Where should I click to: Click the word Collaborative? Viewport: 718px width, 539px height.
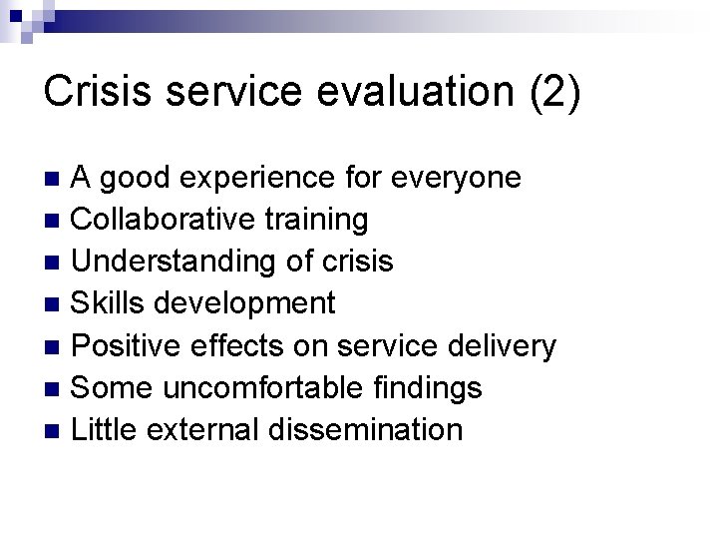(x=164, y=218)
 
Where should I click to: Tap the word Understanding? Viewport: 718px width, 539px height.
(x=175, y=262)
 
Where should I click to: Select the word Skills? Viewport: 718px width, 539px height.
(x=112, y=302)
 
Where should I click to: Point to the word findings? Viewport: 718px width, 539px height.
(x=435, y=387)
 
